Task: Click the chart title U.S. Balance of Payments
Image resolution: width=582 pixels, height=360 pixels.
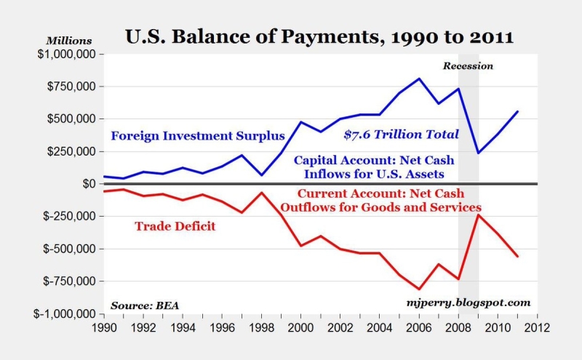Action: (x=320, y=36)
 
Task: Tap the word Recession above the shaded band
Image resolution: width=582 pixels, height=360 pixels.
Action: (x=468, y=66)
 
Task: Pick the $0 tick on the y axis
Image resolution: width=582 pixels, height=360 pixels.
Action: (x=86, y=184)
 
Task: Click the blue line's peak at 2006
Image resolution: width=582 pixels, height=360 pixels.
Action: (x=419, y=79)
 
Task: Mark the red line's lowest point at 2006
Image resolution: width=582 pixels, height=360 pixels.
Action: (x=419, y=289)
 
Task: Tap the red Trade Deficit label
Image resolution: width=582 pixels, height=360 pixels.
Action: (x=175, y=225)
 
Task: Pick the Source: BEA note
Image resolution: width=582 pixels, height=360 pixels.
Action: (x=145, y=303)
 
